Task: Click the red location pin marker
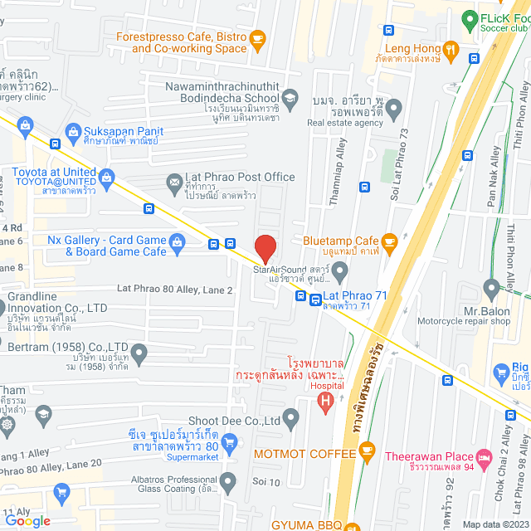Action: tap(265, 248)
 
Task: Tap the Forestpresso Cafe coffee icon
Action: tap(257, 37)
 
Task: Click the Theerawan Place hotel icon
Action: tap(484, 455)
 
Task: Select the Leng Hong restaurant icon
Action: tap(451, 49)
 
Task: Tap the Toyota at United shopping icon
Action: tap(106, 174)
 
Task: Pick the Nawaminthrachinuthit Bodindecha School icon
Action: tap(290, 100)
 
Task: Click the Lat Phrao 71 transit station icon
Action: tap(316, 300)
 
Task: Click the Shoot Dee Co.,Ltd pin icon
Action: tap(290, 417)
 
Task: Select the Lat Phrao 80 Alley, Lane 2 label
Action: tap(174, 290)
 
